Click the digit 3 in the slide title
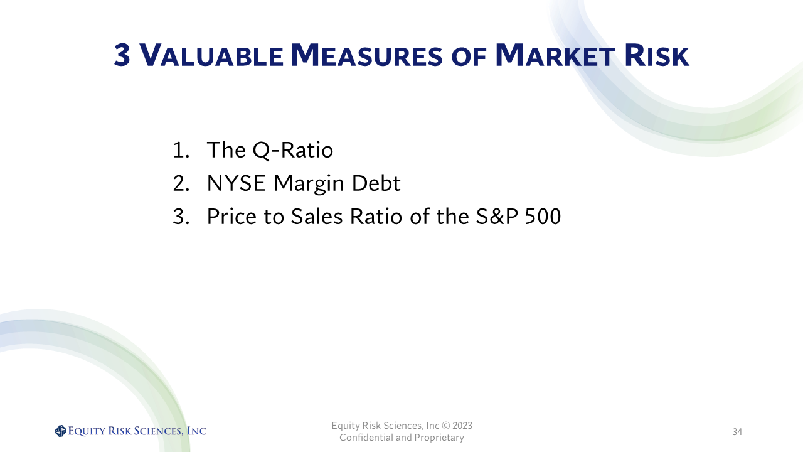122,55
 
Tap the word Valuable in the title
211,55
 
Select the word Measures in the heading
366,55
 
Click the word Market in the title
555,55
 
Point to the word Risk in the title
656,55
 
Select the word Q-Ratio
293,150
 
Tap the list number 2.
181,183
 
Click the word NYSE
237,183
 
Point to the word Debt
376,183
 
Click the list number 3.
181,217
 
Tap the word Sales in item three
317,217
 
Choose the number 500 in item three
543,217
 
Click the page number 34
737,431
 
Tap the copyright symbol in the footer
446,426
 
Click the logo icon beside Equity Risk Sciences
61,431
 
